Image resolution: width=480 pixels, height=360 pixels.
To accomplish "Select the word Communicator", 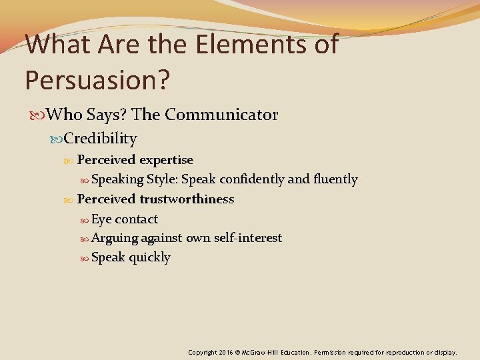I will click(221, 115).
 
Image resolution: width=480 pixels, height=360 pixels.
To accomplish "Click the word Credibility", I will click(101, 139).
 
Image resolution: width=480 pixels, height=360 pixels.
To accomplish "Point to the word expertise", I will click(166, 160).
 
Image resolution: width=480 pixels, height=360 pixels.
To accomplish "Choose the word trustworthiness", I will click(187, 199).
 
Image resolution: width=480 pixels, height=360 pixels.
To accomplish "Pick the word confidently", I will click(253, 179).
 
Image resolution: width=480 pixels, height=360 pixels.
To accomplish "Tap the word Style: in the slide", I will click(162, 179).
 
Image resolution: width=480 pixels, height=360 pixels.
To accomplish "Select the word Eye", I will click(101, 219).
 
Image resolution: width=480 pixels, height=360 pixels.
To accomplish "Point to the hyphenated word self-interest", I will click(248, 238).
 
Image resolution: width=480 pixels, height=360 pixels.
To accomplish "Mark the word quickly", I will click(149, 257).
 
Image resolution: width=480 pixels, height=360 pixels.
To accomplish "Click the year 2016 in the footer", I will click(225, 352).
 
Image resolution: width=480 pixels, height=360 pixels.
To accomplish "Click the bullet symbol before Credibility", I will click(57, 139).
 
